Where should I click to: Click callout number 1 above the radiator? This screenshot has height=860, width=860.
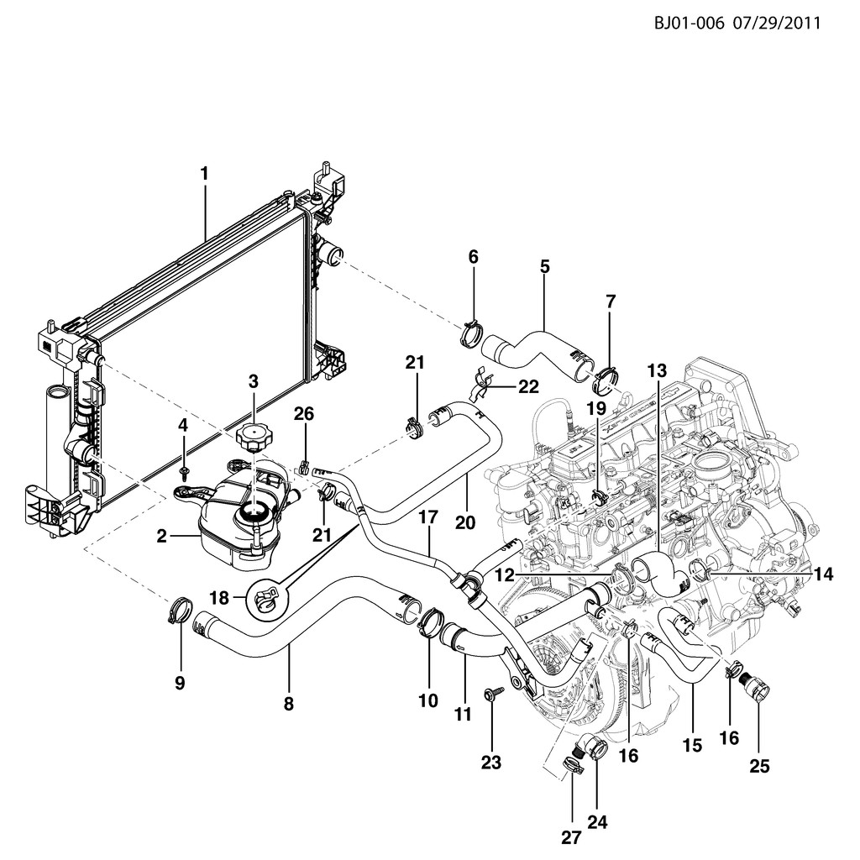coord(203,174)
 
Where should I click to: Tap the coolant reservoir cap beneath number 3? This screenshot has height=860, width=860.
coord(252,438)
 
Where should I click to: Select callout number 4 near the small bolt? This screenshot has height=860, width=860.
coord(183,426)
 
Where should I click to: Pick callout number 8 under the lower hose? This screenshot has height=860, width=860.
coord(288,705)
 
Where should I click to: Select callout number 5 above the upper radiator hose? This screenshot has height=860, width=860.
coord(544,267)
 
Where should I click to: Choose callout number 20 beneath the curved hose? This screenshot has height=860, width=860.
coord(464,522)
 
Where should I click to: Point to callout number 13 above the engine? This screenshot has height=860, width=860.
coord(657,370)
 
